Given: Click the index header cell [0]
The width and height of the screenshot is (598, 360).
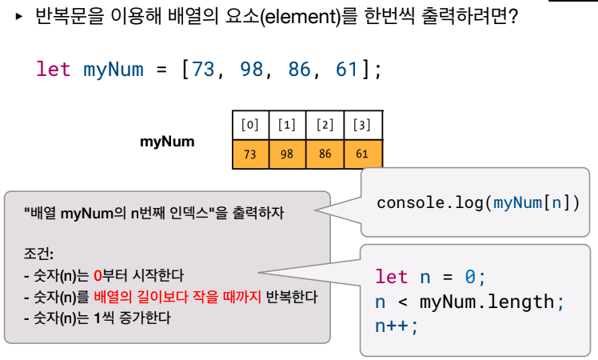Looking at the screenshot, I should (250, 125).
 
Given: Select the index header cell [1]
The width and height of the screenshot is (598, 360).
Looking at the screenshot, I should (287, 125).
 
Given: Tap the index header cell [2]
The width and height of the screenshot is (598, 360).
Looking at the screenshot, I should (325, 125).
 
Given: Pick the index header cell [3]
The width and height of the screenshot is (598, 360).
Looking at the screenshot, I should (362, 125).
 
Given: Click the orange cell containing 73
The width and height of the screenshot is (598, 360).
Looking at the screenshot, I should (250, 154).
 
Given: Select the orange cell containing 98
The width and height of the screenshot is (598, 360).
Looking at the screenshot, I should (287, 154).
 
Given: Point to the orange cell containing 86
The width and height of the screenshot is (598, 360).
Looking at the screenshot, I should (325, 154).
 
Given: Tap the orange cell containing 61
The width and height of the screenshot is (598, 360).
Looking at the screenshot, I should (362, 154).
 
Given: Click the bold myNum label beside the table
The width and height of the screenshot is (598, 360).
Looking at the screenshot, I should (167, 142).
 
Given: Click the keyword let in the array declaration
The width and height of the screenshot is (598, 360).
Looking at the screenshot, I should (54, 69).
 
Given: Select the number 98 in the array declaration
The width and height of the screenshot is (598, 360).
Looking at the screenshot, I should (252, 69).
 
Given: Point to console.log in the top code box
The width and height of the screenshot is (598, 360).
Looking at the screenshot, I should (429, 202).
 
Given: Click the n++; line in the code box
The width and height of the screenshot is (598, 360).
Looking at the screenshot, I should (397, 326).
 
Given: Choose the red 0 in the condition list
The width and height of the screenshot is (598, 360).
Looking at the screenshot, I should (98, 276).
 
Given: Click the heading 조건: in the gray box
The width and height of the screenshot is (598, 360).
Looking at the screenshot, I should (39, 255).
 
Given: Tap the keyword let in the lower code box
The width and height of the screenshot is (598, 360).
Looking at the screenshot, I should (392, 277).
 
